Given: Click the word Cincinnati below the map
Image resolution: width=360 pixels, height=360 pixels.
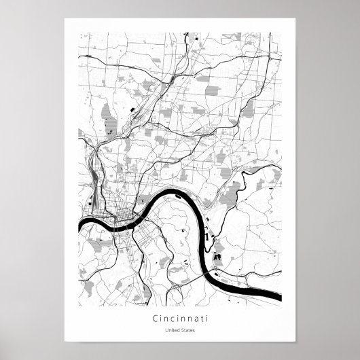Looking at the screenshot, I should coord(181,317).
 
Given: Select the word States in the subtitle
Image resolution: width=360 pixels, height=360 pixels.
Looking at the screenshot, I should coord(187,331).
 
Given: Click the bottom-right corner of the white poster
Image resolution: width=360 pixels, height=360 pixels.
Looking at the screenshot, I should coord(295,342).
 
